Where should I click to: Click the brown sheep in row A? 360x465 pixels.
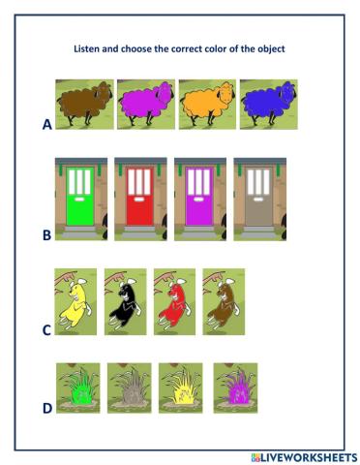point(84,104)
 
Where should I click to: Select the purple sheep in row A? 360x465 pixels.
point(145,104)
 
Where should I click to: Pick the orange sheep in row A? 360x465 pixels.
point(206,104)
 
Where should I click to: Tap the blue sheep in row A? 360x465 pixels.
point(267,104)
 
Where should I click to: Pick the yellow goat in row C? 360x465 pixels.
point(74,302)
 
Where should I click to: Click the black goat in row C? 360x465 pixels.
point(125,302)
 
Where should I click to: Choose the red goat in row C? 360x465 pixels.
point(174,302)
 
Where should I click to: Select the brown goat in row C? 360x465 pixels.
point(223,302)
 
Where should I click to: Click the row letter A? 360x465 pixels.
point(46,124)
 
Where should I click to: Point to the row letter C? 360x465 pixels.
point(46,329)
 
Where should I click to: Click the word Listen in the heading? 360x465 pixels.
point(88,48)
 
